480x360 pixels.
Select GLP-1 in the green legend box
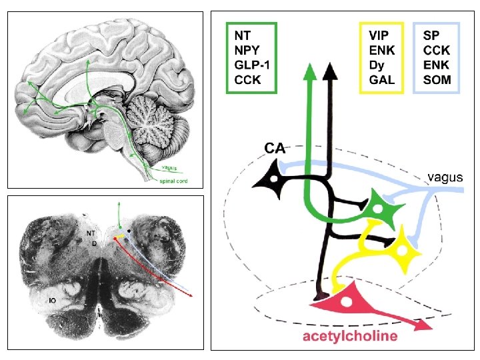pos(251,65)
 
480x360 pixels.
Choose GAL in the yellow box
pos(381,81)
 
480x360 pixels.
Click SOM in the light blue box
pos(437,81)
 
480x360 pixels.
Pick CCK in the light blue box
pos(437,49)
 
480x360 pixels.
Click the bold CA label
pos(275,148)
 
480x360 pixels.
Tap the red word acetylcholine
pos(351,335)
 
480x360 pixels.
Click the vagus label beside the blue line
pos(444,177)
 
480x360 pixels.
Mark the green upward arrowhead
pos(309,71)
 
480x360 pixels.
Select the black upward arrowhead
pos(329,71)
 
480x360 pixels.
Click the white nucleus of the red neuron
pos(346,301)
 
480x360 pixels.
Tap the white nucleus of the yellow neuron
pos(404,249)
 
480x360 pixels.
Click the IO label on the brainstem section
pos(51,301)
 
